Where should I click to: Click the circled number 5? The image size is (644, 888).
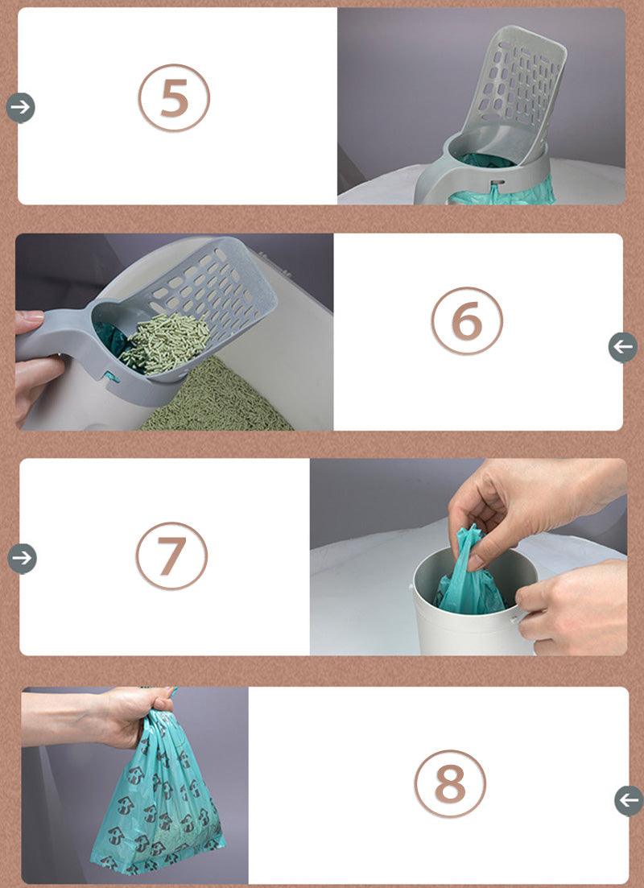coord(174,98)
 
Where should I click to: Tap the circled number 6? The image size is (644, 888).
coord(467,321)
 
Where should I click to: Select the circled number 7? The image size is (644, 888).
coord(171,556)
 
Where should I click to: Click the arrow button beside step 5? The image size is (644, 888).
coord(20,107)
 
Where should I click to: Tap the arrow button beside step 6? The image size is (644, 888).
coord(622,347)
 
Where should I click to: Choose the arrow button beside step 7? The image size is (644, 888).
coord(22,558)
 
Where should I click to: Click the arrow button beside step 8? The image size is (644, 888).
coord(629,801)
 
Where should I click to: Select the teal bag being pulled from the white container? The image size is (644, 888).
coord(469,584)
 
